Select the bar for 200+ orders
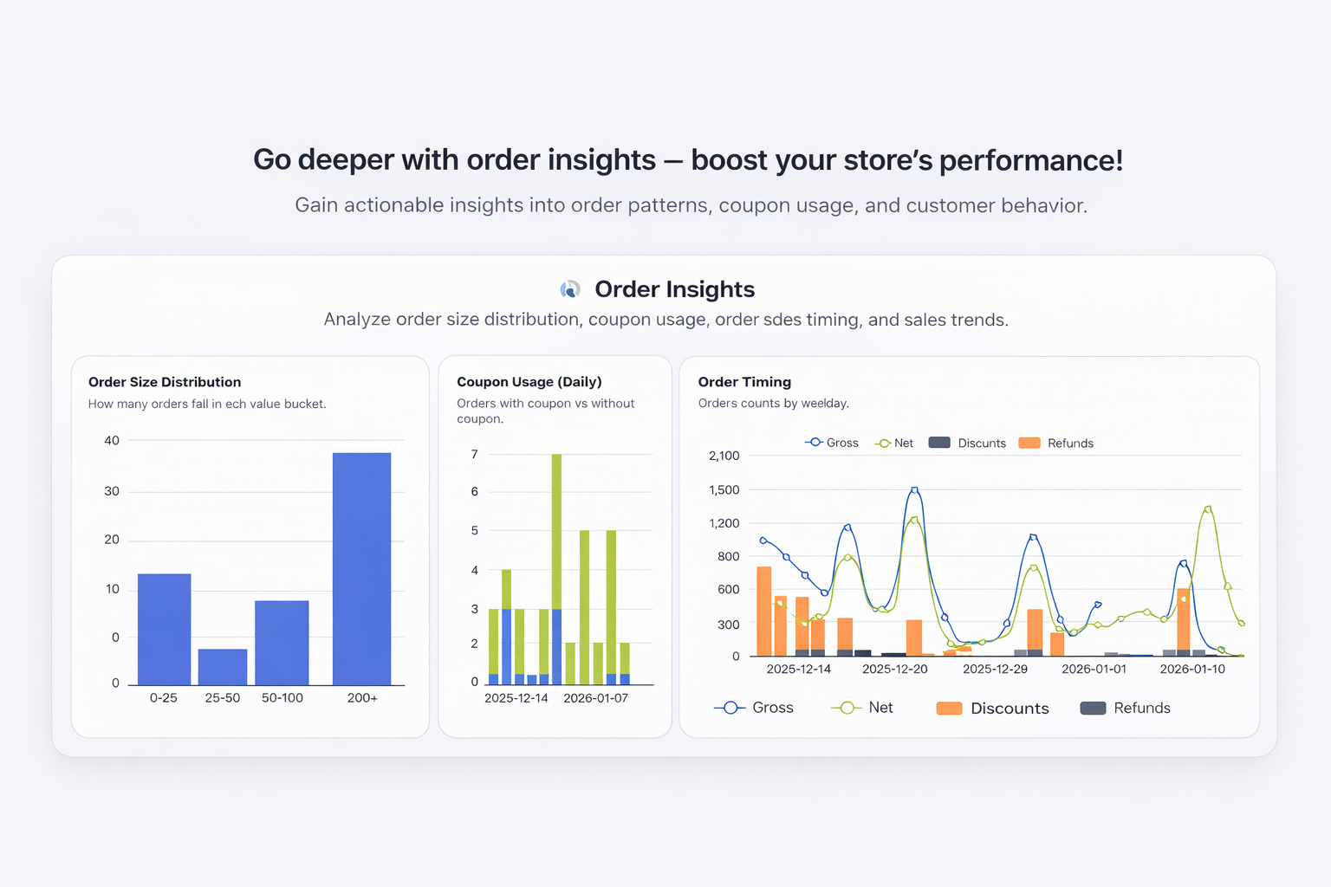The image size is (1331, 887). (361, 568)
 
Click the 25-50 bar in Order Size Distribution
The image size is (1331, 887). (223, 667)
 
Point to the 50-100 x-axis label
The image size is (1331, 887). (282, 698)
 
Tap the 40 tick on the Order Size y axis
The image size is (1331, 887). (112, 440)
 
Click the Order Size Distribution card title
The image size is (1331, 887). (165, 382)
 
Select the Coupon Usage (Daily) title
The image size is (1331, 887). (529, 382)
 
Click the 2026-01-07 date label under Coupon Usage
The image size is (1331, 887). (595, 698)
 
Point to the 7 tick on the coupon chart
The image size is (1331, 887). (474, 454)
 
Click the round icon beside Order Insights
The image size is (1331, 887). (570, 289)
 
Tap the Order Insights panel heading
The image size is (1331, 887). (674, 289)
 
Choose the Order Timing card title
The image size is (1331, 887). (744, 382)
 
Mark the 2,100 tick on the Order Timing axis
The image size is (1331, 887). (724, 456)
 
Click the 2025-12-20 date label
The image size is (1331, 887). (894, 669)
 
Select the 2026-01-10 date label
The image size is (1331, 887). (1192, 669)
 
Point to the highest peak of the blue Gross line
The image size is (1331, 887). (914, 490)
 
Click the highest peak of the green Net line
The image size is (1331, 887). (1208, 509)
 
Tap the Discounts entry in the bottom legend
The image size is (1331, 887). (993, 709)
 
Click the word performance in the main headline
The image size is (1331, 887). (1030, 160)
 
